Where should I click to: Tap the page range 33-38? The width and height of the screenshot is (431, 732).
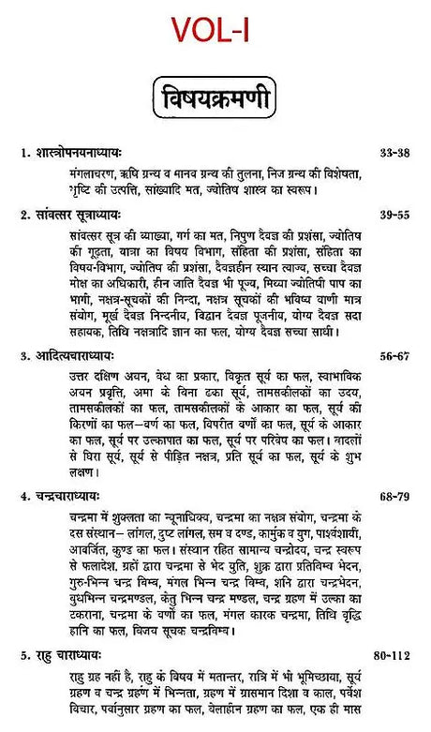pos(394,151)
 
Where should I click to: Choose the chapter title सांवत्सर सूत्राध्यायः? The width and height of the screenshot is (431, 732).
pos(90,215)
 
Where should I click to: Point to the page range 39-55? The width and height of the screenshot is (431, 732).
pos(394,215)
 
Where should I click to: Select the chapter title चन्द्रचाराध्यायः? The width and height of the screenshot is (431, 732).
pos(80,493)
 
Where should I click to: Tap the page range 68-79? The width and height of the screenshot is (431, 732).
pos(394,493)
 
